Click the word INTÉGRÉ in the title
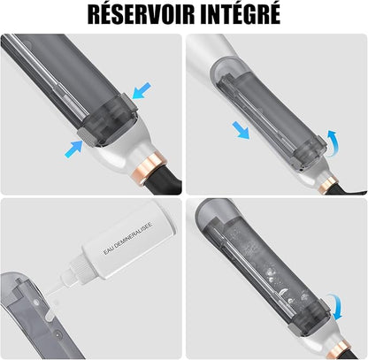(241, 13)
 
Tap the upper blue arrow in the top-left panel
(142, 90)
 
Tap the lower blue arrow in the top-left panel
(73, 149)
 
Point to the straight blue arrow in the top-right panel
(241, 131)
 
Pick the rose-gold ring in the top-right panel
(328, 184)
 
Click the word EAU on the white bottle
(109, 250)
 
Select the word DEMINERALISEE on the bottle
(134, 236)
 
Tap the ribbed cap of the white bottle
(79, 266)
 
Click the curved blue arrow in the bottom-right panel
(336, 306)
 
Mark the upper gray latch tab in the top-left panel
(129, 103)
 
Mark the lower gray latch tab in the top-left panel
(87, 138)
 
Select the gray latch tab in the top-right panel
(321, 142)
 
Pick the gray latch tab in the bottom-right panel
(325, 307)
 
